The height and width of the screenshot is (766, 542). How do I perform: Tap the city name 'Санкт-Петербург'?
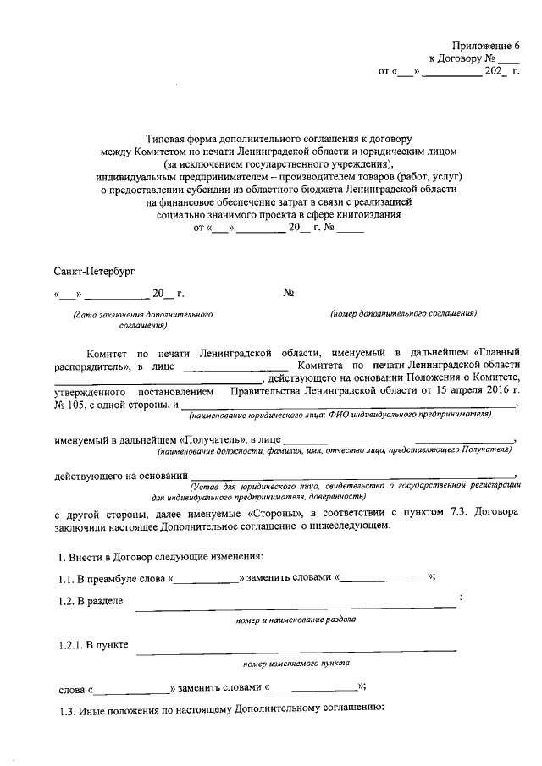coord(93,270)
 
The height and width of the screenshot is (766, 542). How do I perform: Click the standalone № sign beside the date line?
coord(288,293)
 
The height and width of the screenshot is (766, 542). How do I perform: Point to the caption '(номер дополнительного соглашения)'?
coord(405,314)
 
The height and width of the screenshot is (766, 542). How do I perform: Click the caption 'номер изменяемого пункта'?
coord(296,664)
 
